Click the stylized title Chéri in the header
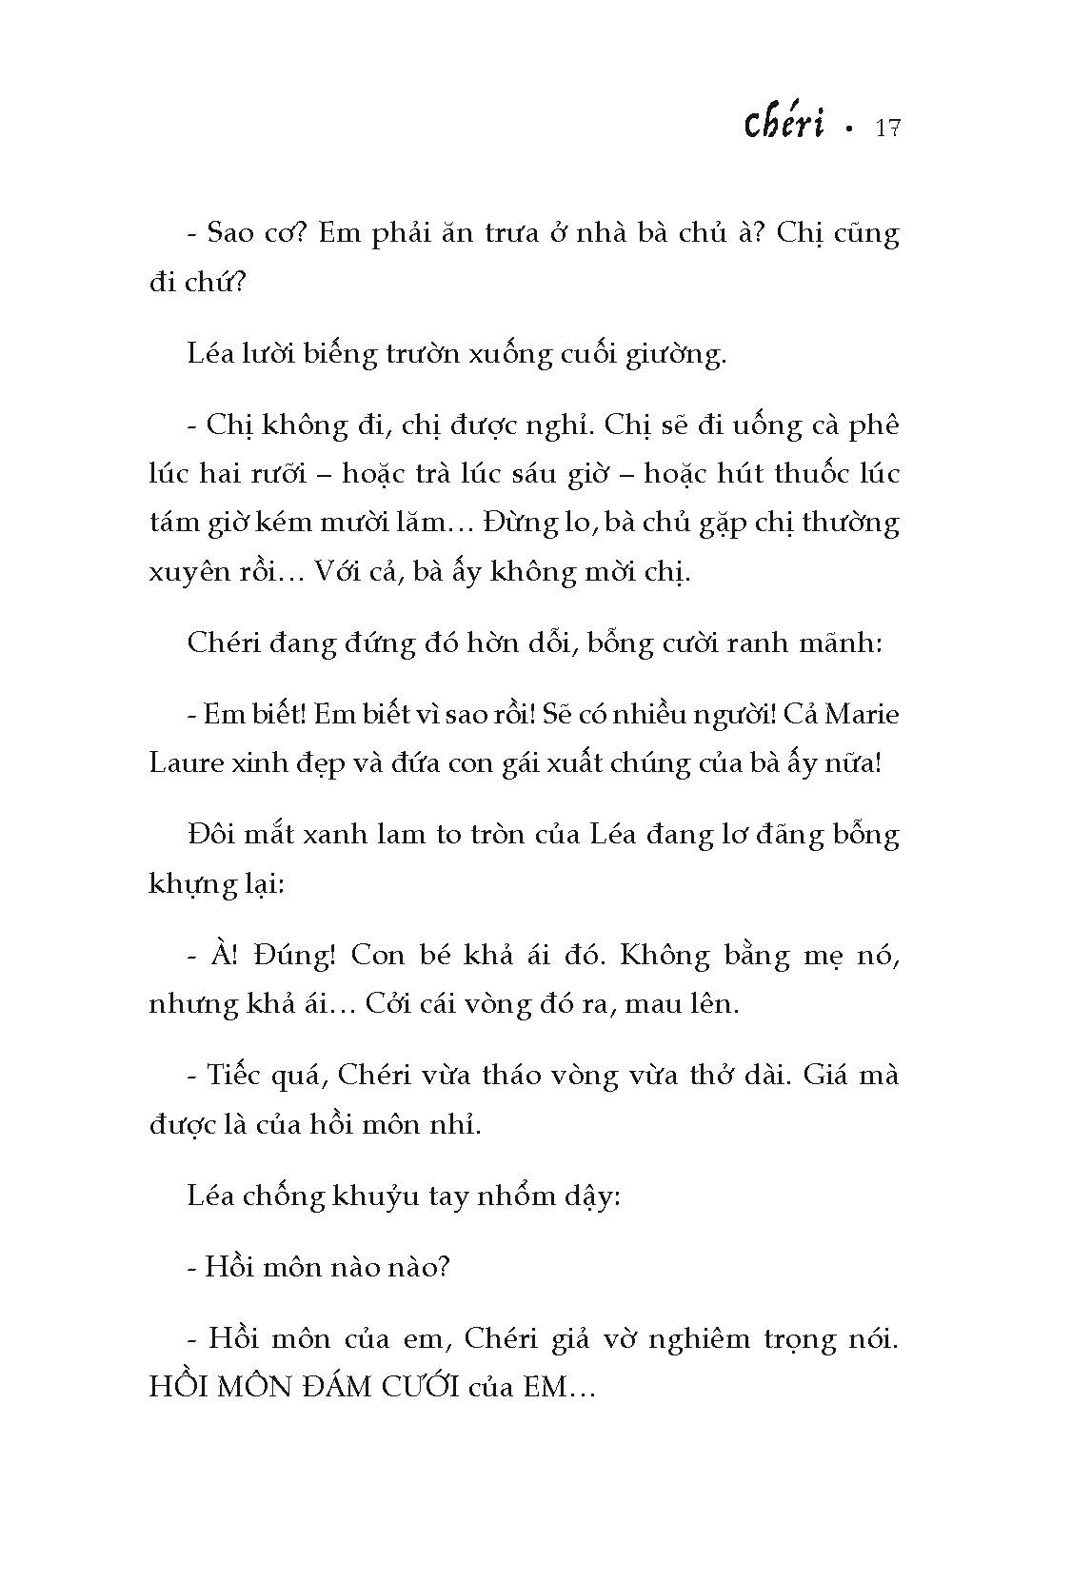pyautogui.click(x=783, y=126)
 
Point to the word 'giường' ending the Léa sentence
pyautogui.click(x=682, y=354)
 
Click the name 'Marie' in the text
pyautogui.click(x=861, y=715)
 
